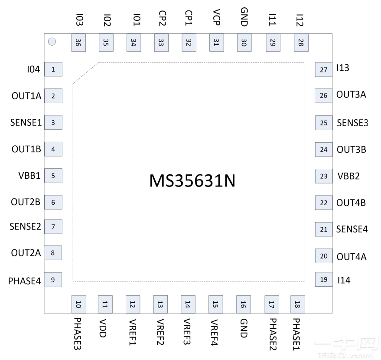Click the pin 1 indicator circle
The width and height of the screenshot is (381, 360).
click(52, 42)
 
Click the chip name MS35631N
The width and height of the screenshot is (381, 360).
click(192, 181)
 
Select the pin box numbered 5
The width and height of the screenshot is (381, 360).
click(53, 176)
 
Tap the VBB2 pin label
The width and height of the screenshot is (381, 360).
click(348, 177)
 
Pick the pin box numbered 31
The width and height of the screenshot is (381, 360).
click(216, 43)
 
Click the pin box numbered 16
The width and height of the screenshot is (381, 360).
click(243, 304)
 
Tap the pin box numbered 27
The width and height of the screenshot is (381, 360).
click(323, 69)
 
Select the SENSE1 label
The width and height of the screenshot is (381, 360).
click(26, 122)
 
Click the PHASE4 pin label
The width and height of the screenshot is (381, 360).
click(25, 281)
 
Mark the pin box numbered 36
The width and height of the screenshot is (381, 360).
click(78, 43)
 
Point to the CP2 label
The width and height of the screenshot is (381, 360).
click(161, 19)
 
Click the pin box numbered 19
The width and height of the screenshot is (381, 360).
click(323, 280)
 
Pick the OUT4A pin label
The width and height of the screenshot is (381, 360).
click(351, 257)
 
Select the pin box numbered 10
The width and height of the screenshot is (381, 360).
click(78, 304)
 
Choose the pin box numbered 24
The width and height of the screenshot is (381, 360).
click(323, 150)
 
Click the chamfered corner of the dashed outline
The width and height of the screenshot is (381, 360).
click(85, 73)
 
